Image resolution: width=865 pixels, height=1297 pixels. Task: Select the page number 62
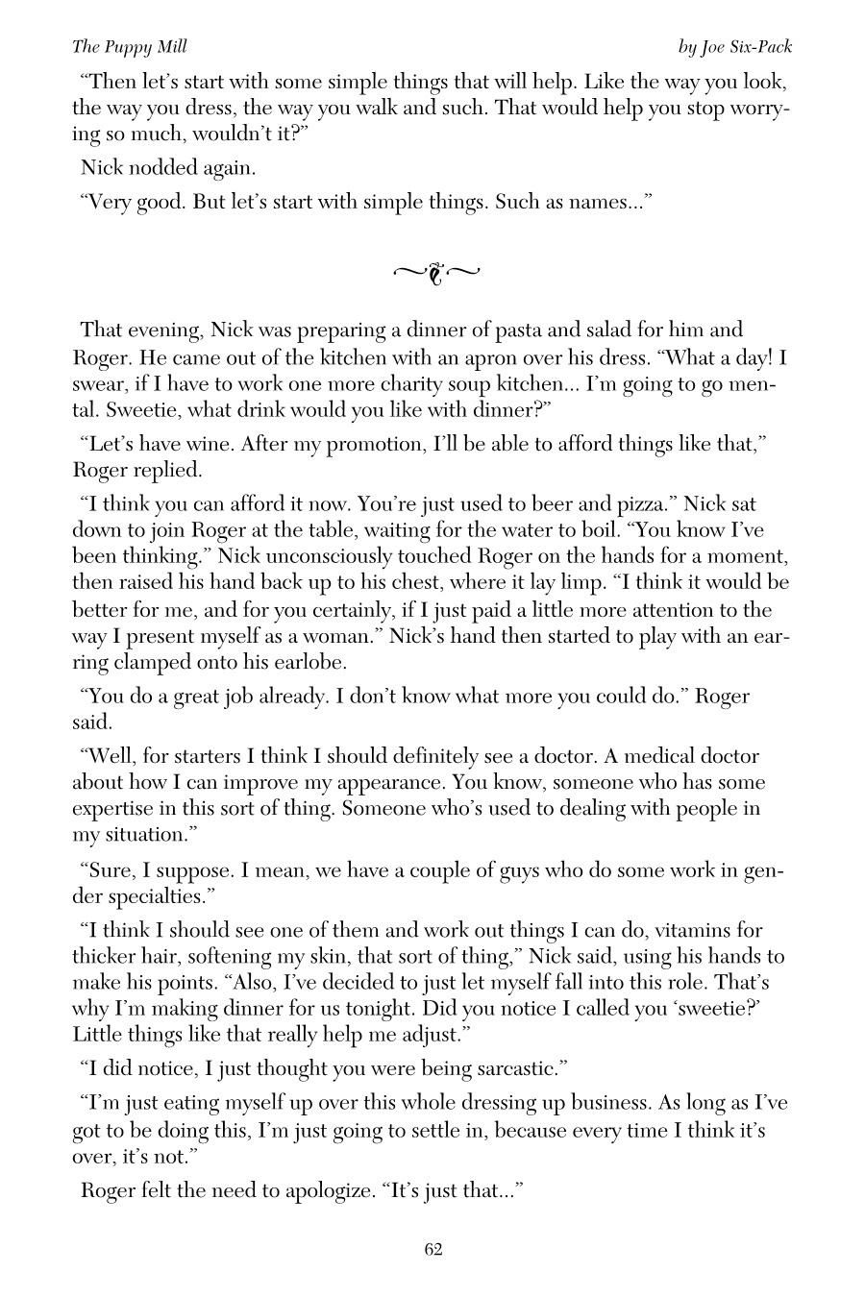tap(432, 1249)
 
